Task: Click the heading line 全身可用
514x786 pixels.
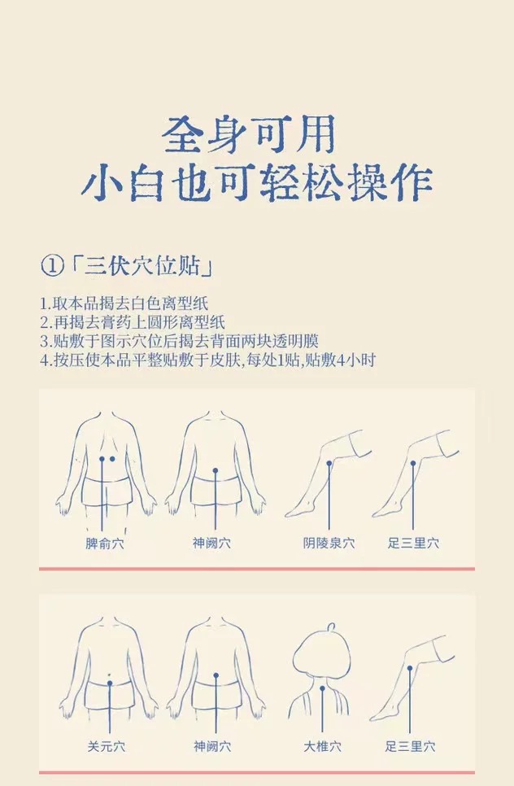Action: pos(249,134)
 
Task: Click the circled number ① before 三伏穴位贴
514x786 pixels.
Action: pos(52,266)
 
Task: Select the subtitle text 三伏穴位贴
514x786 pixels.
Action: pos(142,266)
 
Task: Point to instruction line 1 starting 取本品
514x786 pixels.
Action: pos(124,303)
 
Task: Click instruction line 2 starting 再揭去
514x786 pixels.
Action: pos(133,322)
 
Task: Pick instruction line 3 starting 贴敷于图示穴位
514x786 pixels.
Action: pos(180,341)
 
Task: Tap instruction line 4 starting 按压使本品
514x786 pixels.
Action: pos(207,360)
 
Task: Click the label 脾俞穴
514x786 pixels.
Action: pos(104,544)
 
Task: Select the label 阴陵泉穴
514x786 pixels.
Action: pos(329,543)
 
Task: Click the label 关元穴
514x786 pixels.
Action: pos(107,747)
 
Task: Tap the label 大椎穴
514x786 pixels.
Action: pos(322,746)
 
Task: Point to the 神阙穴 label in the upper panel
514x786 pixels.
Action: pos(211,543)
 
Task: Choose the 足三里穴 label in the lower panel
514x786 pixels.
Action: pos(410,746)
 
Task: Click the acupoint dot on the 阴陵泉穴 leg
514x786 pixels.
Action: pos(329,464)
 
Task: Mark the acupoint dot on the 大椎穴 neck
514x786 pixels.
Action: pos(322,688)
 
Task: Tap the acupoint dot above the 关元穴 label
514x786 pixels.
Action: pos(110,682)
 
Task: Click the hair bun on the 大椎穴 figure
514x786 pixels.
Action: pos(331,627)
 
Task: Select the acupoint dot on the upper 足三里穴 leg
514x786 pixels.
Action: pos(413,463)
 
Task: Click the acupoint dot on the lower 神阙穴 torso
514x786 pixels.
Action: pos(216,675)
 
